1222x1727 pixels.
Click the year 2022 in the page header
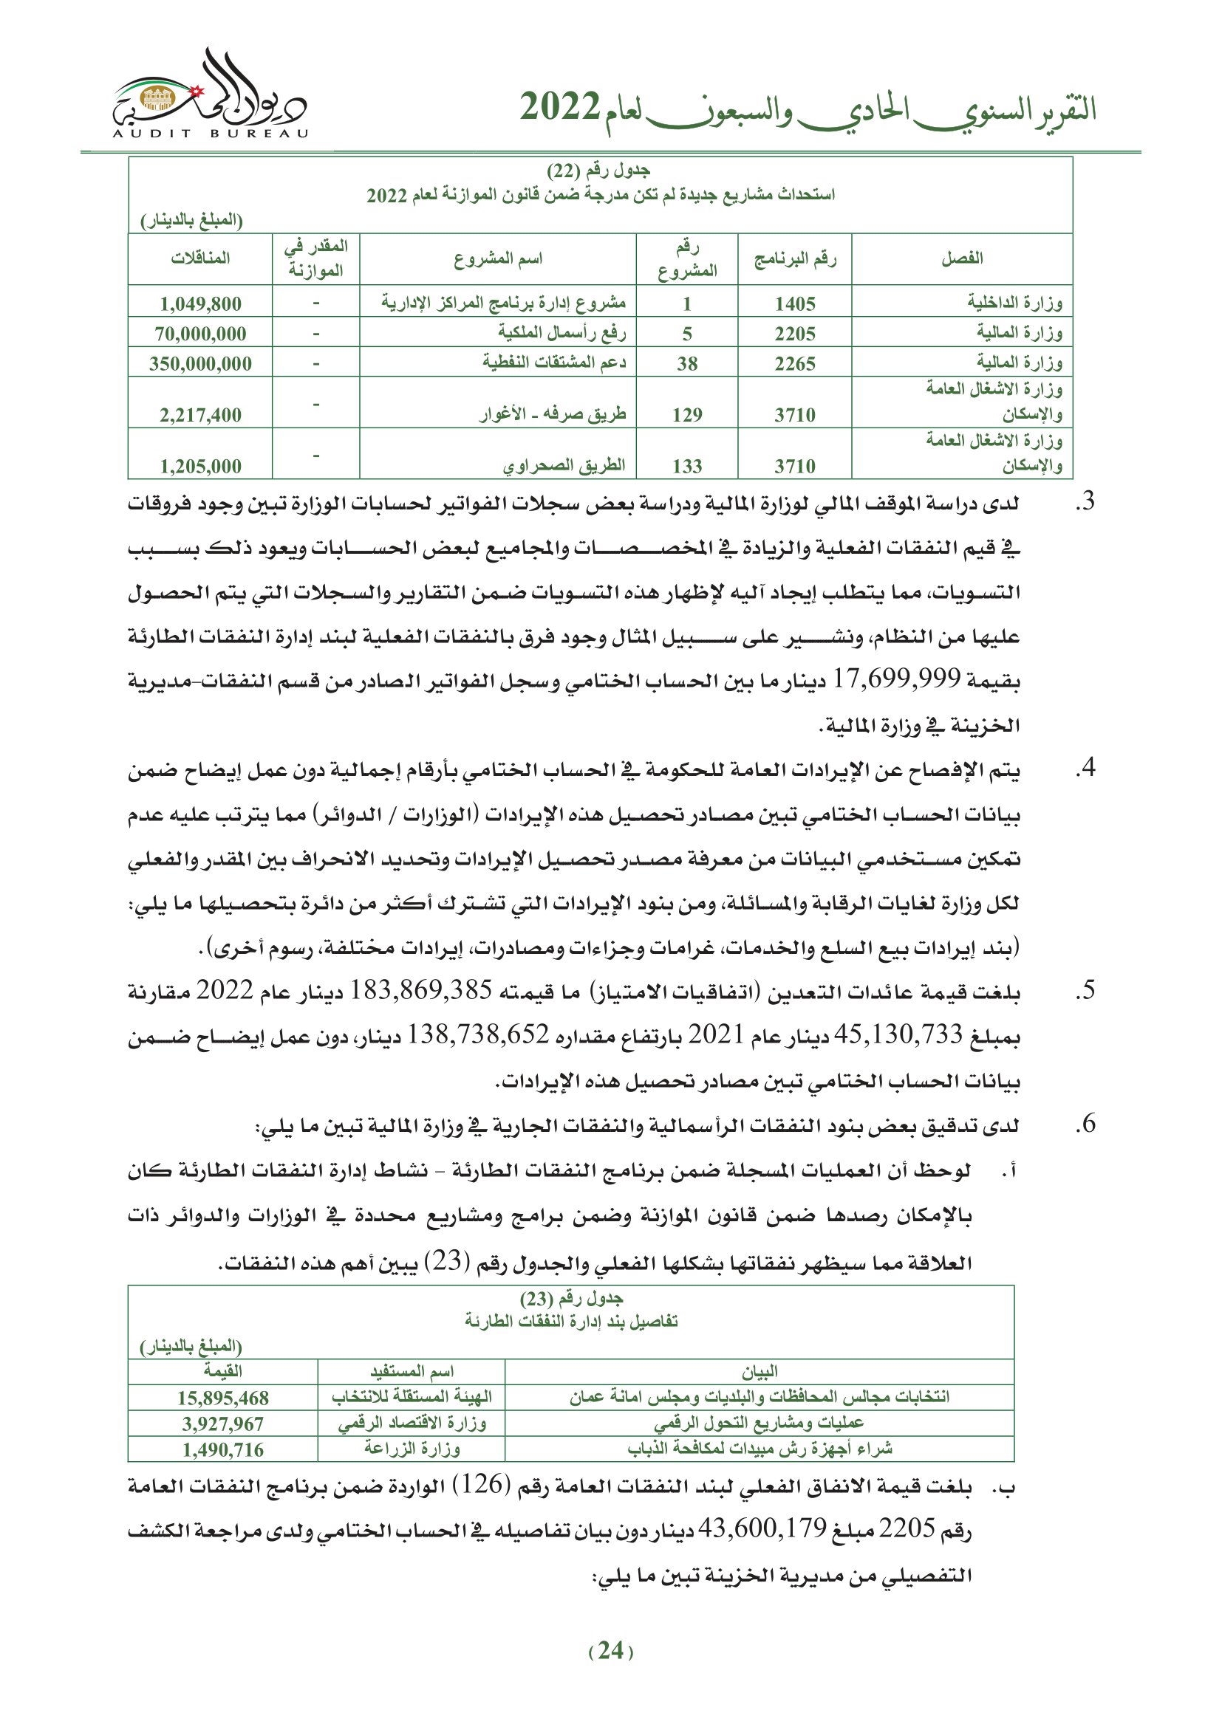(560, 108)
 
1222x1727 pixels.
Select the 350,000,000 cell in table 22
(200, 364)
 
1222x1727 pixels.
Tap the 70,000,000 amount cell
(200, 334)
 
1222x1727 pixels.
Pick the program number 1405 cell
(795, 304)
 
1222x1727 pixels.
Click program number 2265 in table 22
(795, 364)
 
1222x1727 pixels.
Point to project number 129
(686, 415)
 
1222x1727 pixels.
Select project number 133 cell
(686, 467)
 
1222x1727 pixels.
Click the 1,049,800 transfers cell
(200, 304)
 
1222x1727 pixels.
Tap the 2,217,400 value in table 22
(200, 415)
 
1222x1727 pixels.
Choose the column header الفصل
(962, 258)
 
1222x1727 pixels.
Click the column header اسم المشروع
(497, 258)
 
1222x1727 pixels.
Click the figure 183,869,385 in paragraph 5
(420, 991)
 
